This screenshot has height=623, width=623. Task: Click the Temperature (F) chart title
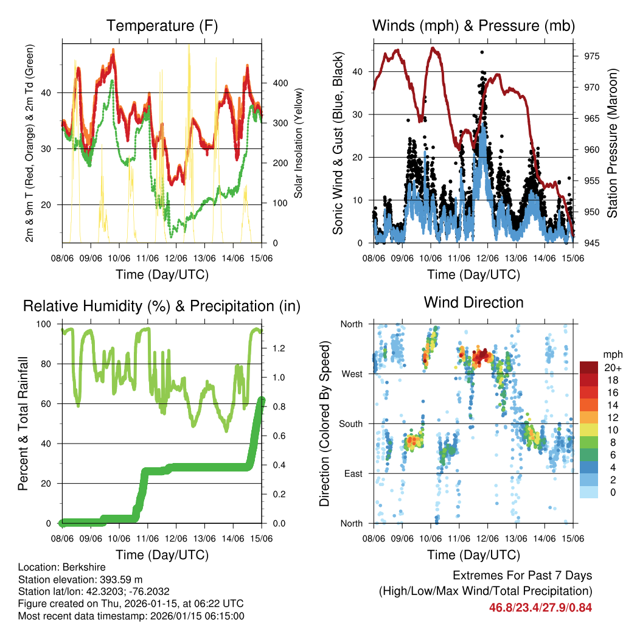(162, 26)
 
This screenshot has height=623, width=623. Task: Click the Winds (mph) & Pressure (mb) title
(473, 26)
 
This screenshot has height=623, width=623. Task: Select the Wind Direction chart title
(473, 302)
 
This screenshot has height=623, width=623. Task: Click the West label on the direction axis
(352, 374)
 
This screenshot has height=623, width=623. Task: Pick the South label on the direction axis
(350, 423)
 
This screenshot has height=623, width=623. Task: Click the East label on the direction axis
(353, 473)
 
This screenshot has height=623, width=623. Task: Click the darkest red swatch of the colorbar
(588, 367)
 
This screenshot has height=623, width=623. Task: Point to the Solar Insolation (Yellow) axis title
(298, 144)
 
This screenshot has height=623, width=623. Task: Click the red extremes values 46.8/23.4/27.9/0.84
(540, 607)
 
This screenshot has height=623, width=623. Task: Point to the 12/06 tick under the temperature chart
(176, 257)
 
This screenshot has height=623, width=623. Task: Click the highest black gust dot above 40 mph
(482, 52)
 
